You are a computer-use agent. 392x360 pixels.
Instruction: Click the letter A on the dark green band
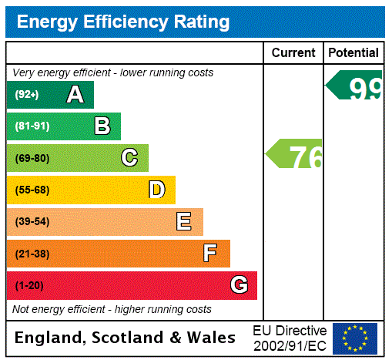pyautogui.click(x=75, y=95)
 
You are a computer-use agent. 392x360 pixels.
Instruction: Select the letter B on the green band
pyautogui.click(x=102, y=126)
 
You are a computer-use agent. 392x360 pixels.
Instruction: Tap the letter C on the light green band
pyautogui.click(x=129, y=158)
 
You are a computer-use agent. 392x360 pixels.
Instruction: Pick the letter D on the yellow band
pyautogui.click(x=157, y=190)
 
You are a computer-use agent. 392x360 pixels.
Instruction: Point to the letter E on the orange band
pyautogui.click(x=184, y=222)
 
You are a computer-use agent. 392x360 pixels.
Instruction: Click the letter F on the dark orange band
pyautogui.click(x=210, y=254)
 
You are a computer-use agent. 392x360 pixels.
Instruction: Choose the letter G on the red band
pyautogui.click(x=239, y=285)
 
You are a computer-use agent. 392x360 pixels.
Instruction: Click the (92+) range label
pyautogui.click(x=27, y=95)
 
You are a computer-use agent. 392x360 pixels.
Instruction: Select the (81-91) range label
pyautogui.click(x=32, y=126)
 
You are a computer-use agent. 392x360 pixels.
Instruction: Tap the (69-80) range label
pyautogui.click(x=32, y=158)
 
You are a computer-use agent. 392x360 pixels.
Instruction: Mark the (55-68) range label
pyautogui.click(x=32, y=190)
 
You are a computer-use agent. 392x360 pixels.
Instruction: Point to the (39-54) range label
pyautogui.click(x=32, y=222)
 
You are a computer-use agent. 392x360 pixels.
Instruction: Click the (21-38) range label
pyautogui.click(x=32, y=254)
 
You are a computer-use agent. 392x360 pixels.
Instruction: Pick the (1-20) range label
pyautogui.click(x=29, y=286)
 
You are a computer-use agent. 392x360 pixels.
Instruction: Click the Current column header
pyautogui.click(x=293, y=53)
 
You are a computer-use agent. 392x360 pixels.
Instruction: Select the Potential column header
pyautogui.click(x=353, y=53)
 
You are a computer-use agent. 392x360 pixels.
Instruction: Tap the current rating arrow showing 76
pyautogui.click(x=295, y=156)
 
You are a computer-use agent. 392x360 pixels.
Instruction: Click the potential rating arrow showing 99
pyautogui.click(x=356, y=86)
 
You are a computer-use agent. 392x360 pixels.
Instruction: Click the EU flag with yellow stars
pyautogui.click(x=354, y=338)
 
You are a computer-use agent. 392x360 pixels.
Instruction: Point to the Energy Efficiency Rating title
pyautogui.click(x=123, y=22)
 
